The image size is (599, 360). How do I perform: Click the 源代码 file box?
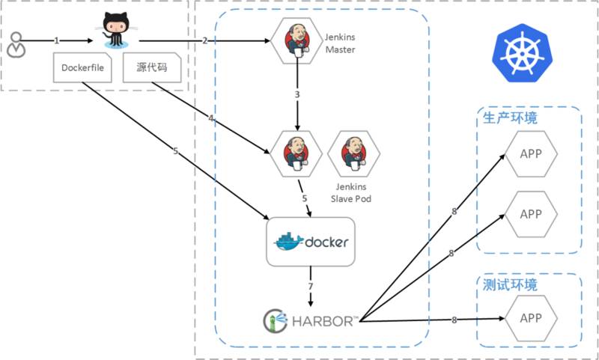[150, 67]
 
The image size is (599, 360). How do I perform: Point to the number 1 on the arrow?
[56, 40]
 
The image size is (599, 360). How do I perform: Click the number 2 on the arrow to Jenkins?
[204, 40]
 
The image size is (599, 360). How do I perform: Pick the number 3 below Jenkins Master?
[297, 95]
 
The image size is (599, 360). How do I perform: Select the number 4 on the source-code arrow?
[212, 118]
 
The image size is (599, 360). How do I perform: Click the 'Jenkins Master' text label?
[339, 43]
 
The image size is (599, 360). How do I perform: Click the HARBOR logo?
[308, 320]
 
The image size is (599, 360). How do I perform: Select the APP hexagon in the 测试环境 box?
[530, 318]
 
